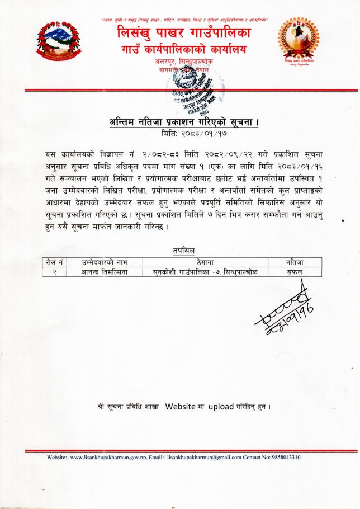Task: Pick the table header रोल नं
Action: [x=54, y=262]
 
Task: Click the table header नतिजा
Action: [x=293, y=262]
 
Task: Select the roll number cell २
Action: [x=54, y=272]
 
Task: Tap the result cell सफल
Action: [x=293, y=272]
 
